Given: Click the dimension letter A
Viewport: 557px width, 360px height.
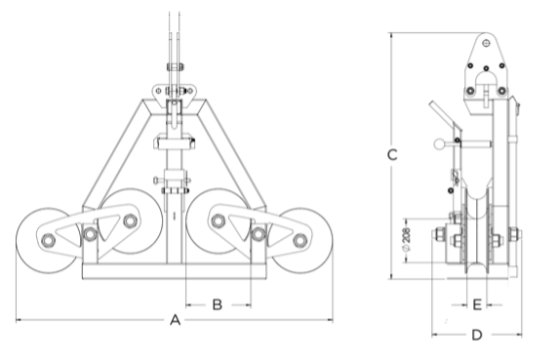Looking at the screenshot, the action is click(x=176, y=320).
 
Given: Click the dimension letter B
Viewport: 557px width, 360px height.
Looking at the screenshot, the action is click(x=218, y=304).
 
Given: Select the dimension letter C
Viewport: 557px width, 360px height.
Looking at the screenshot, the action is click(x=392, y=155).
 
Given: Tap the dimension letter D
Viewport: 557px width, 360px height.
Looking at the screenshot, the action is click(x=477, y=335).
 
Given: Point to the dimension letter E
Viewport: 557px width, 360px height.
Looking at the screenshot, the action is click(x=477, y=304).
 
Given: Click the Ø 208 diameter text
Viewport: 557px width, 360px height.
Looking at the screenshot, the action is click(x=406, y=241).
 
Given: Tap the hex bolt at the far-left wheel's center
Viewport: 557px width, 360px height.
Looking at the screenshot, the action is click(x=48, y=240).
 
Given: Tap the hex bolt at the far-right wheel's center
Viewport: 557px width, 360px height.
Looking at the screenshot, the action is click(x=300, y=240).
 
